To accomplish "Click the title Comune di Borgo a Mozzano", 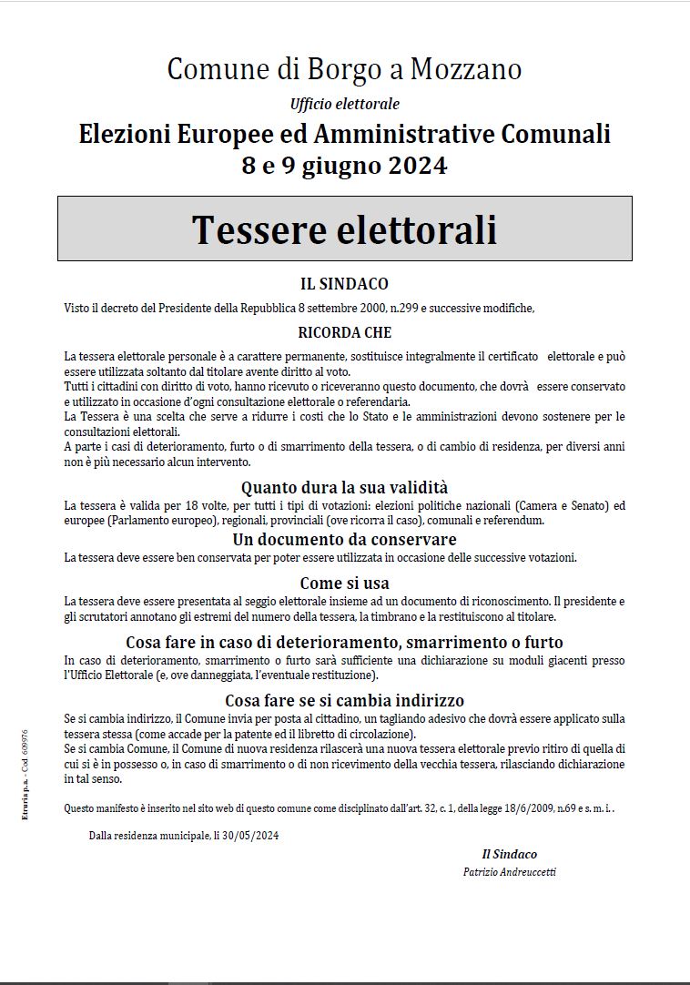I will (x=344, y=69).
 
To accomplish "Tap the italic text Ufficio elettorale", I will (x=344, y=104).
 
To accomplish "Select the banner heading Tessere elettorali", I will (x=344, y=229).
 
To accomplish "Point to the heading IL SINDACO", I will (x=344, y=284).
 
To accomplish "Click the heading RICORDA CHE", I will (x=344, y=333).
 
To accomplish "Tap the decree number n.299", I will (x=401, y=309).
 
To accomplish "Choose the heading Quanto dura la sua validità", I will (x=344, y=488).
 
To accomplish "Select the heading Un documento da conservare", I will (x=344, y=540).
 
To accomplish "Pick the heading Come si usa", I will (x=344, y=583).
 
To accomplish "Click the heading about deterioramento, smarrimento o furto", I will (x=344, y=642).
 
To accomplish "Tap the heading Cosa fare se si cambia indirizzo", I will (x=344, y=700).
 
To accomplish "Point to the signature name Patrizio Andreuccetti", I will (x=509, y=872).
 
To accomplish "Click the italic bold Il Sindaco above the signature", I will (x=509, y=854).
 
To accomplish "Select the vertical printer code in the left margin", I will (x=25, y=774).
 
